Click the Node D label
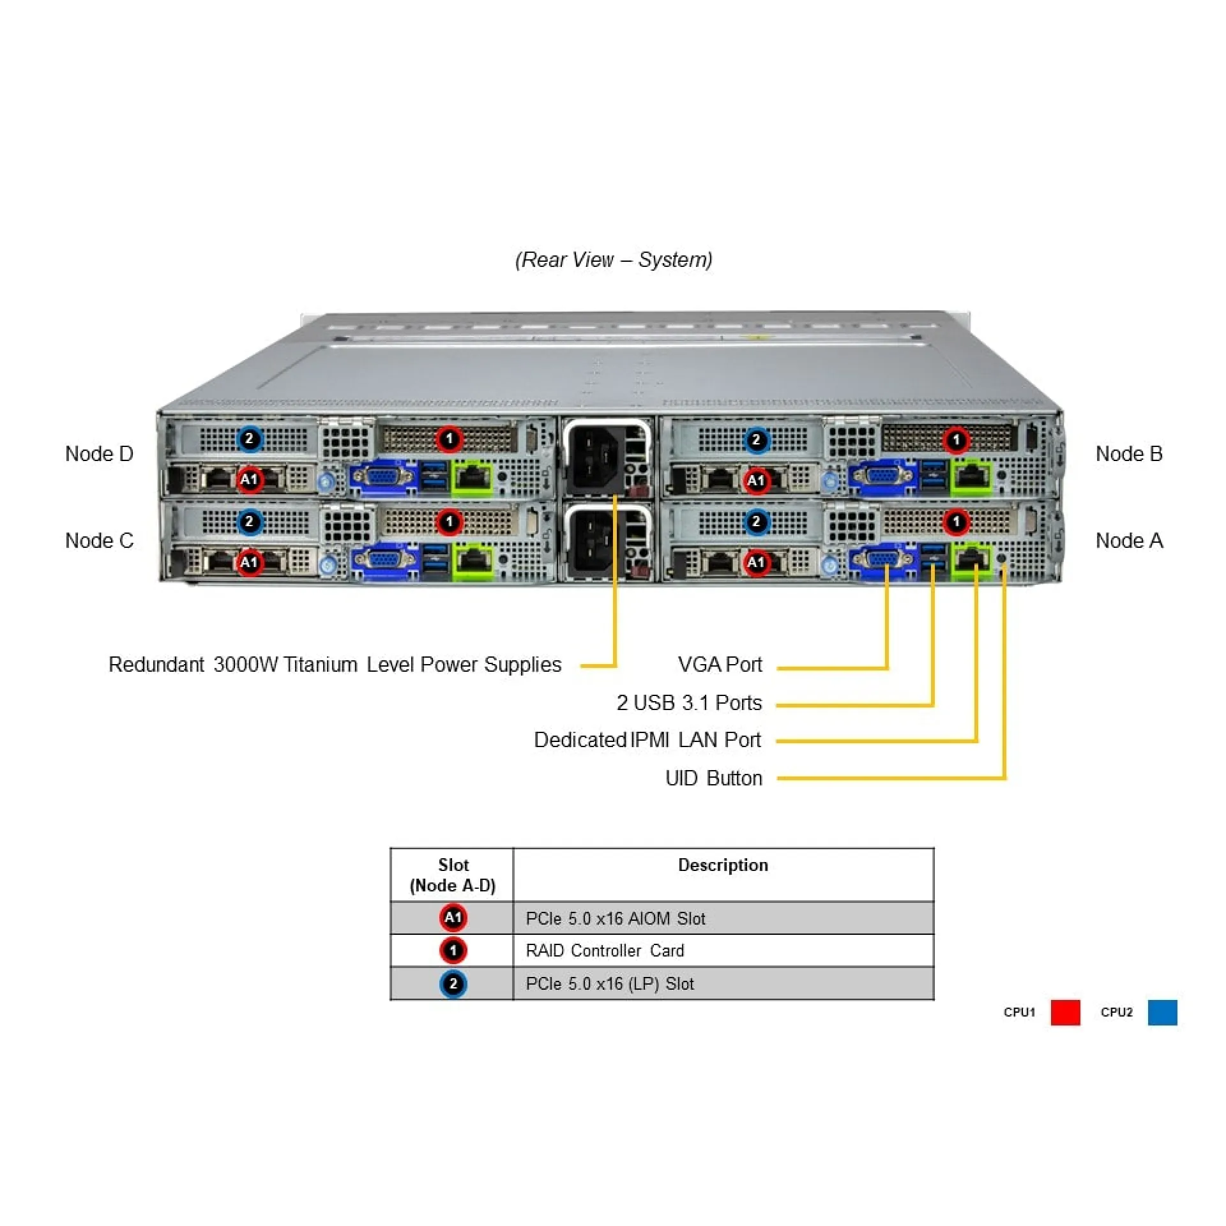99,454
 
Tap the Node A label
1128,541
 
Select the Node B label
1128,454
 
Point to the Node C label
99,541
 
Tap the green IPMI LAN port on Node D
473,478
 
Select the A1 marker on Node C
249,563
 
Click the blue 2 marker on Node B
756,440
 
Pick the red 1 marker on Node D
450,439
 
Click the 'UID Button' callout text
713,778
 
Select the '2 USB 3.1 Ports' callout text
689,703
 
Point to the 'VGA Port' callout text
720,665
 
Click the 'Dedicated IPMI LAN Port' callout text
647,740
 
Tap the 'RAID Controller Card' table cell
604,951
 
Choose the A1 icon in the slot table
453,918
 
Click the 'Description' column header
723,865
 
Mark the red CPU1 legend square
1065,1013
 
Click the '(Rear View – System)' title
613,260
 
